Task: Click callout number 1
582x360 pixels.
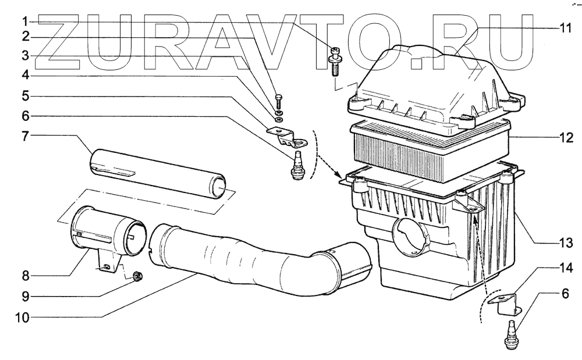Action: point(24,22)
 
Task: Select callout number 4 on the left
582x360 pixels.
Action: point(25,76)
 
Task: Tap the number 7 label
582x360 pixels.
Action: point(25,136)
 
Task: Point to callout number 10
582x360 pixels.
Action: point(22,318)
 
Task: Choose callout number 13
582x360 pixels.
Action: point(566,244)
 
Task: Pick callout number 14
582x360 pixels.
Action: point(566,268)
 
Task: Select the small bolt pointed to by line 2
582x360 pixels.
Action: point(279,100)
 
